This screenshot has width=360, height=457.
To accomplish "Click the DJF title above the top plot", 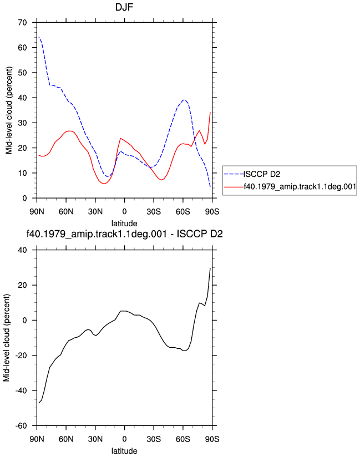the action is pyautogui.click(x=124, y=7).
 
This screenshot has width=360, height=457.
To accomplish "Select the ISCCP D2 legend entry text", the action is pyautogui.click(x=262, y=174).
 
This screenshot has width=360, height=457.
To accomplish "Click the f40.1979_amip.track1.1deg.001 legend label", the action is pyautogui.click(x=300, y=187).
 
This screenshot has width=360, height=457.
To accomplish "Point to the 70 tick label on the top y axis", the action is pyautogui.click(x=22, y=22).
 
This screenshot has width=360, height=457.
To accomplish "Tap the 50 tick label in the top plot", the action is pyautogui.click(x=22, y=73).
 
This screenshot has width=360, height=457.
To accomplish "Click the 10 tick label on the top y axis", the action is pyautogui.click(x=22, y=173).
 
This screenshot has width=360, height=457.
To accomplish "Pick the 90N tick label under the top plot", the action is pyautogui.click(x=37, y=212).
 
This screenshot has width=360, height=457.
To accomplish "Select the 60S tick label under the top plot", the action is pyautogui.click(x=182, y=212).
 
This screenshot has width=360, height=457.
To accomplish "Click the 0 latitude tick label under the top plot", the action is pyautogui.click(x=124, y=212).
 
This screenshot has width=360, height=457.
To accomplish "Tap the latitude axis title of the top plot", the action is pyautogui.click(x=124, y=224).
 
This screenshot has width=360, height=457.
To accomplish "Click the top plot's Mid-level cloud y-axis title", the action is pyautogui.click(x=9, y=110).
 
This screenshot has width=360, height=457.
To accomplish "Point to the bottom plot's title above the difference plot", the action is pyautogui.click(x=124, y=234).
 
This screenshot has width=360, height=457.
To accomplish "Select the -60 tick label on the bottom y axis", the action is pyautogui.click(x=21, y=426).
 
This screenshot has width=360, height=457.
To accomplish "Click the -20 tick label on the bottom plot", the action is pyautogui.click(x=21, y=356).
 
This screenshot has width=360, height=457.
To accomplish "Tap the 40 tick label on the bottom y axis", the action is pyautogui.click(x=22, y=250).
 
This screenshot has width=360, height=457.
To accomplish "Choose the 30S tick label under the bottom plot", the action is pyautogui.click(x=154, y=439).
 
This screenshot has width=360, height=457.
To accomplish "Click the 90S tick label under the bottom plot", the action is pyautogui.click(x=212, y=439).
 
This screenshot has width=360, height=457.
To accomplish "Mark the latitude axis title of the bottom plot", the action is pyautogui.click(x=124, y=451).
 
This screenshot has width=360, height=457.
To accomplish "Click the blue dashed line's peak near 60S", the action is pyautogui.click(x=184, y=100).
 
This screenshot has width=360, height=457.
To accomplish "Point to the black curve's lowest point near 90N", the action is pyautogui.click(x=39, y=403).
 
